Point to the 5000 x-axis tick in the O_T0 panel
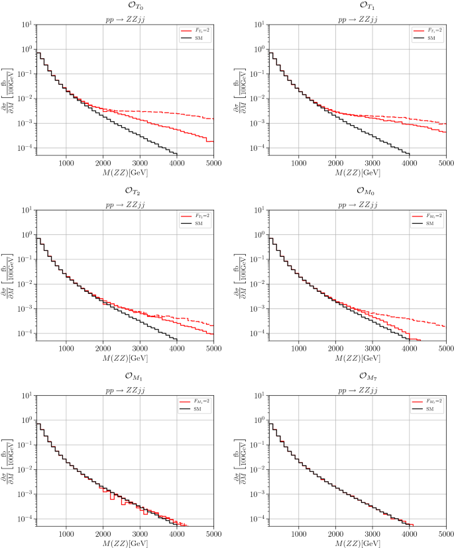click(213, 161)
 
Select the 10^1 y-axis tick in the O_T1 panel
click(256, 24)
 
